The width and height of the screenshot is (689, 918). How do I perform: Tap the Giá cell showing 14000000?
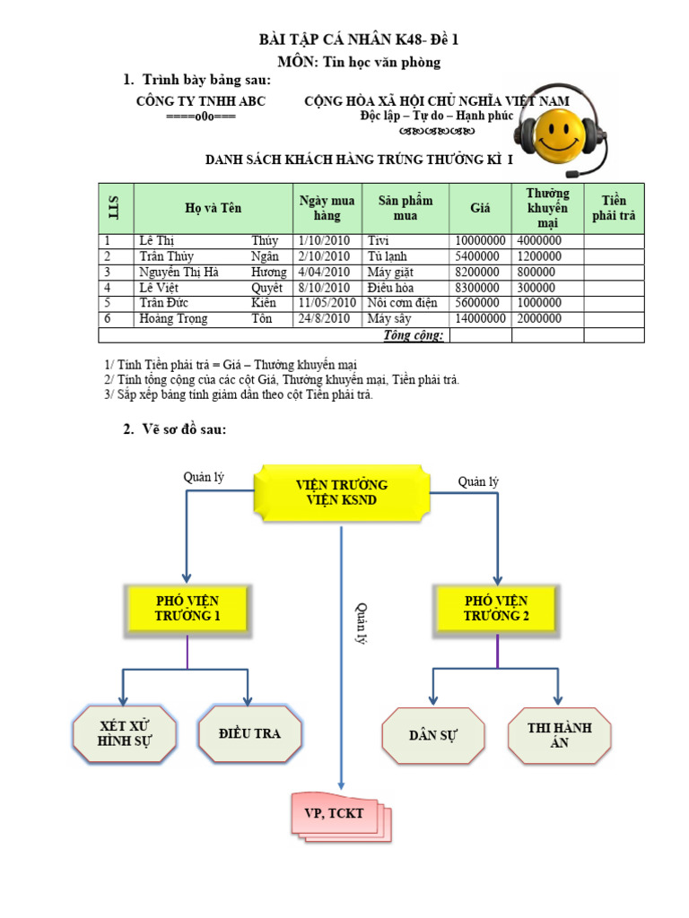(481, 318)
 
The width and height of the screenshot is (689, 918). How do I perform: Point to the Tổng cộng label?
(414, 335)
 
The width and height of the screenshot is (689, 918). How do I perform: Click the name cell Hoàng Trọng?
(173, 318)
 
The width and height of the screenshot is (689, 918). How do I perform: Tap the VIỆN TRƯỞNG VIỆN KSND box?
(342, 492)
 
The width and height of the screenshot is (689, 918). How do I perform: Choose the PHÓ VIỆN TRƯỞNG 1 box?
(187, 608)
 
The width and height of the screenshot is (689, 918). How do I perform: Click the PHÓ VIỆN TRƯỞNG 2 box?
(496, 608)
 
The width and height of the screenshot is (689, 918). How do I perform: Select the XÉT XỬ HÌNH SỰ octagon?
(125, 733)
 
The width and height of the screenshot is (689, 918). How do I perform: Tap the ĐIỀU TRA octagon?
(249, 733)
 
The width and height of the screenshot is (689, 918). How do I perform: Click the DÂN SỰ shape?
(433, 735)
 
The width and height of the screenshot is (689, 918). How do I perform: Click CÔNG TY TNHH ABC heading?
(201, 102)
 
